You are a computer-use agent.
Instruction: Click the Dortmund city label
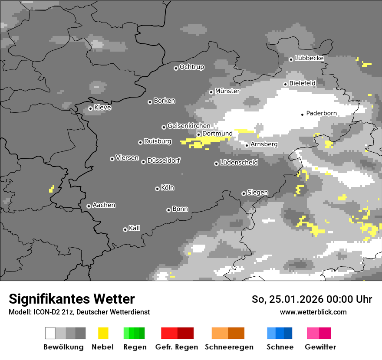217,134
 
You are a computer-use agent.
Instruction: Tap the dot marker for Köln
157,189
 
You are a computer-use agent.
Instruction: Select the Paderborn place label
321,114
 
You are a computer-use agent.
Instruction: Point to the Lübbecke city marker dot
291,59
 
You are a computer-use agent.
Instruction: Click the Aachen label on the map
104,205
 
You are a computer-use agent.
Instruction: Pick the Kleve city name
102,108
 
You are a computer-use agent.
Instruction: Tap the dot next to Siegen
244,193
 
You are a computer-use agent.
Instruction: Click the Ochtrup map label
191,67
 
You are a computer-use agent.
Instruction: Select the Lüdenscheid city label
239,163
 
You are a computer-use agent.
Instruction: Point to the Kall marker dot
125,229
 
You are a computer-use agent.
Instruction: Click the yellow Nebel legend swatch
103,333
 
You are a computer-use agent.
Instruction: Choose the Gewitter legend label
320,347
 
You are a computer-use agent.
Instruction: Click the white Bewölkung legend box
50,333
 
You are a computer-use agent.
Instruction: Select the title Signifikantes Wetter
72,299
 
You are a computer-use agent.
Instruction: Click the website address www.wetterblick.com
313,312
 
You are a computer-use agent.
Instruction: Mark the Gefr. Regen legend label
176,347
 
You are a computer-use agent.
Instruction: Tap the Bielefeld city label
302,83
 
